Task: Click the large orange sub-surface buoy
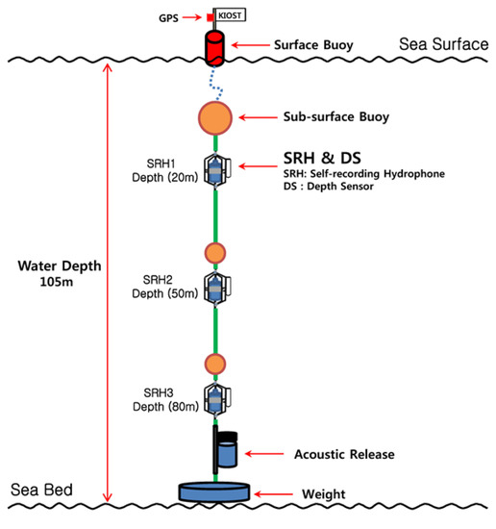[214, 117]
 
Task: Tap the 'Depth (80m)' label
[168, 408]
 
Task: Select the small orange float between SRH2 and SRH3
[215, 364]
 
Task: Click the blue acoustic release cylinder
[227, 451]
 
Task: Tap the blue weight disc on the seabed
[215, 491]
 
